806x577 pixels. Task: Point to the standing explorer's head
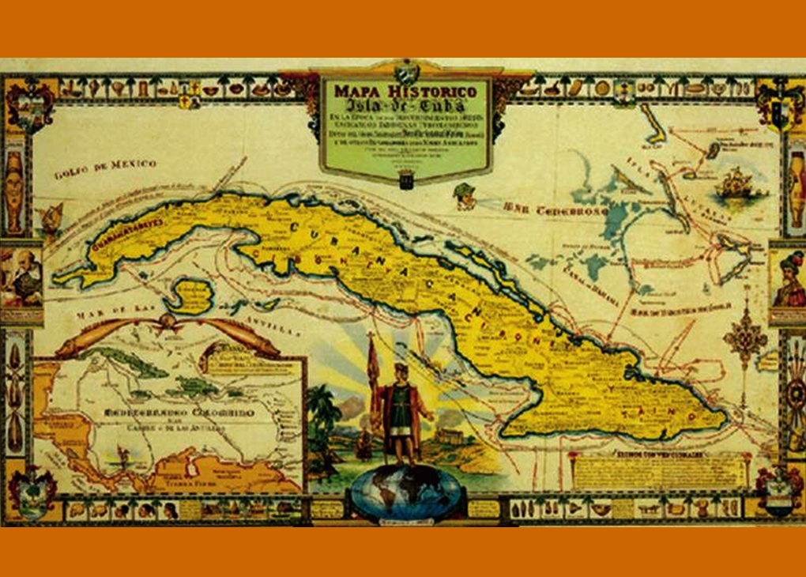(401, 371)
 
